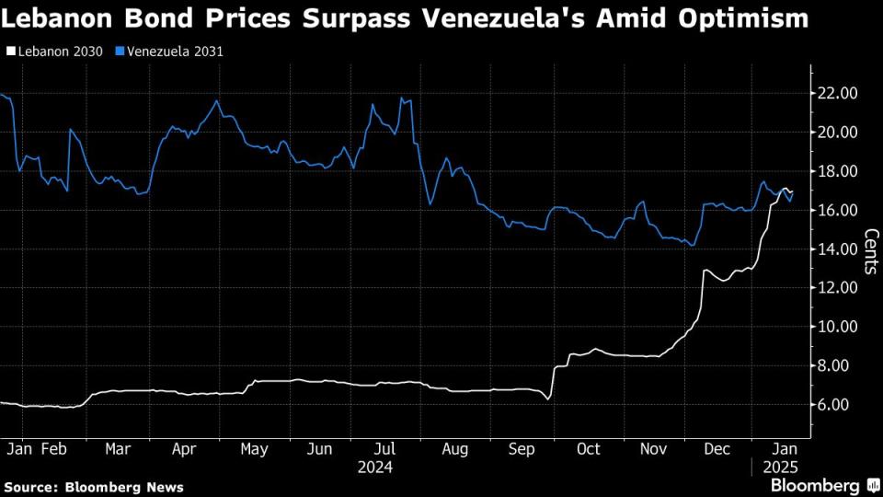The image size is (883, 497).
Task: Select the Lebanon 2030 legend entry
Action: (x=56, y=52)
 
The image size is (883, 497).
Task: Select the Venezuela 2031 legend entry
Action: (x=174, y=52)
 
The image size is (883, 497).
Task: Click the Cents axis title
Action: (x=869, y=251)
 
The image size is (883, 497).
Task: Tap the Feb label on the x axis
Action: (x=55, y=449)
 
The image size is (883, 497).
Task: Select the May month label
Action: (x=254, y=449)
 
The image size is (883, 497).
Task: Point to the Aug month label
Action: (x=454, y=449)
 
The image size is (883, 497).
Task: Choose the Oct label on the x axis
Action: (x=588, y=449)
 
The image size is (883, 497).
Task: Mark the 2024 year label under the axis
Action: (x=377, y=468)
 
